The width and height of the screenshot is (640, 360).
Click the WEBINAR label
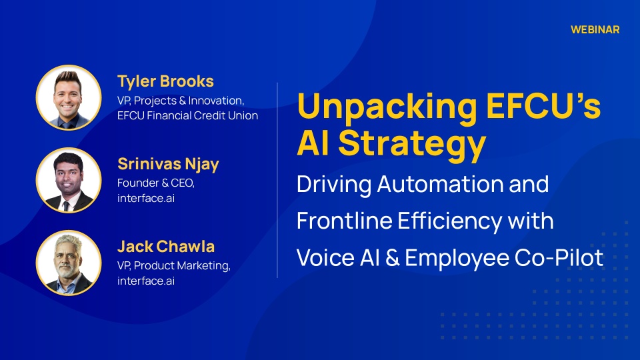[x=595, y=30]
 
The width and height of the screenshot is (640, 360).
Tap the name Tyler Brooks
[x=165, y=81]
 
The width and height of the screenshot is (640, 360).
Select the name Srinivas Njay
[x=168, y=165]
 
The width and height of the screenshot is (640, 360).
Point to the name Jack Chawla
[x=166, y=247]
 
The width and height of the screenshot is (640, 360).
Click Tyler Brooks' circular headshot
[x=69, y=97]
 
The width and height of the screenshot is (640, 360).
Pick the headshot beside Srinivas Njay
[x=69, y=180]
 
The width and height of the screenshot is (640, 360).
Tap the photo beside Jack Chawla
[x=69, y=263]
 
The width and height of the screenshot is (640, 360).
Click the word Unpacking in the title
[x=387, y=107]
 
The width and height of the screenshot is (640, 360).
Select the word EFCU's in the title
[x=544, y=105]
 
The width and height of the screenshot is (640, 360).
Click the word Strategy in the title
[x=412, y=145]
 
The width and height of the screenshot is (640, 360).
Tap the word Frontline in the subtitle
[x=345, y=221]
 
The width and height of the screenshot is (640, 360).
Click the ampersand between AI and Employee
[x=392, y=258]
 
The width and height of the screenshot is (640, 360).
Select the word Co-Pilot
[x=559, y=258]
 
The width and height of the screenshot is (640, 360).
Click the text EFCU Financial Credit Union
[x=188, y=116]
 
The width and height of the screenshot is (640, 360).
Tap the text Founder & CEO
[x=156, y=183]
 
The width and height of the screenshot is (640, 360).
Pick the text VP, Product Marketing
[x=174, y=266]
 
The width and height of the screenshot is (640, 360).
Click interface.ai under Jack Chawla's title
[x=146, y=281]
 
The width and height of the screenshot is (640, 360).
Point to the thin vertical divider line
[x=277, y=180]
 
